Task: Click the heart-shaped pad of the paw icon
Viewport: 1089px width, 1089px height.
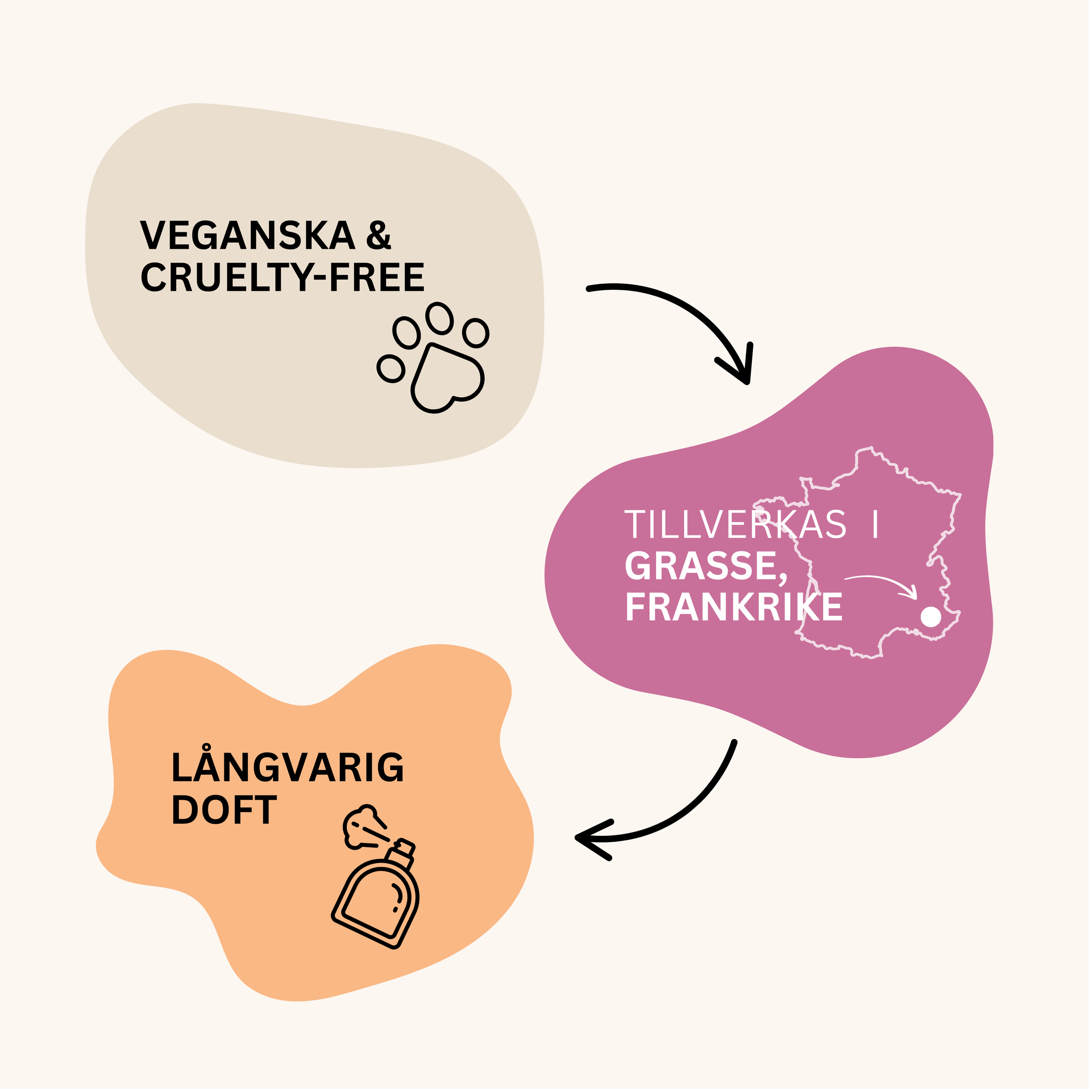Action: [447, 378]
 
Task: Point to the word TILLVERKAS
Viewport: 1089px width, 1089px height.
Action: [735, 525]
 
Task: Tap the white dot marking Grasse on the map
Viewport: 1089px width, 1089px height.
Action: [931, 617]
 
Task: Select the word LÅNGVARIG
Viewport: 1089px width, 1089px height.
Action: [288, 768]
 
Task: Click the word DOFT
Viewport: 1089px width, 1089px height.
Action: [224, 810]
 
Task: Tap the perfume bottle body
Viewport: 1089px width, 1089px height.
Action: [375, 900]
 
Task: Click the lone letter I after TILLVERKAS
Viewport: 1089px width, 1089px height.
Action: [875, 525]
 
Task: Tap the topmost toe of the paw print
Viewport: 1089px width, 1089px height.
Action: [440, 319]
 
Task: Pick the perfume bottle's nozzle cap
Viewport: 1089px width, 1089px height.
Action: [405, 847]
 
